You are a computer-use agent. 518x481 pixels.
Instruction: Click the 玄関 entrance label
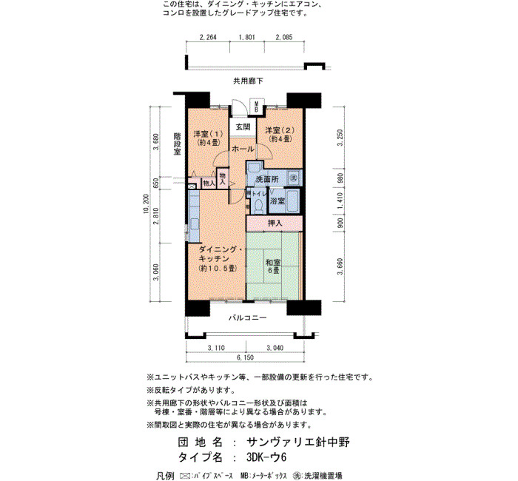[243, 127]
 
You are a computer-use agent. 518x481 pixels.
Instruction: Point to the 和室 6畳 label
[273, 266]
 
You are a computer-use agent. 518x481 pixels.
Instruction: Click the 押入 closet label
[275, 223]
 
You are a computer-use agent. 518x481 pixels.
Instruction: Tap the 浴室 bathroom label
[277, 201]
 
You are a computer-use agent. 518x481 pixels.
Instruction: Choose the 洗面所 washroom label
[267, 179]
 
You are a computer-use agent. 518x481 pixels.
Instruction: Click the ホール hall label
[243, 149]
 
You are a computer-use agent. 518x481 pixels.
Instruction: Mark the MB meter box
[256, 107]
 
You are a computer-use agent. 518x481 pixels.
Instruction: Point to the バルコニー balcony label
[248, 318]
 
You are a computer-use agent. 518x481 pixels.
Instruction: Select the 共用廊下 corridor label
[249, 81]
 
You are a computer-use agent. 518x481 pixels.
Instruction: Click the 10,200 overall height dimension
[147, 203]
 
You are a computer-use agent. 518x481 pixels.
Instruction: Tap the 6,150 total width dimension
[245, 357]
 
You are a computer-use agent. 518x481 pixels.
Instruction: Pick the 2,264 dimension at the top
[208, 37]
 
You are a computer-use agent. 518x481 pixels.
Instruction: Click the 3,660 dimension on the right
[340, 266]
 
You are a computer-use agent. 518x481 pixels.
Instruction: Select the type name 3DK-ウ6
[266, 457]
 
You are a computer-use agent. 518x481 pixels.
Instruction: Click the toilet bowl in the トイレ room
[259, 206]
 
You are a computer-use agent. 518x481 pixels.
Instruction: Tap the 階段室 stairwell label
[178, 144]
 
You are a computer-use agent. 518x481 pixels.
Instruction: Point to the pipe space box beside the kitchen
[192, 186]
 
